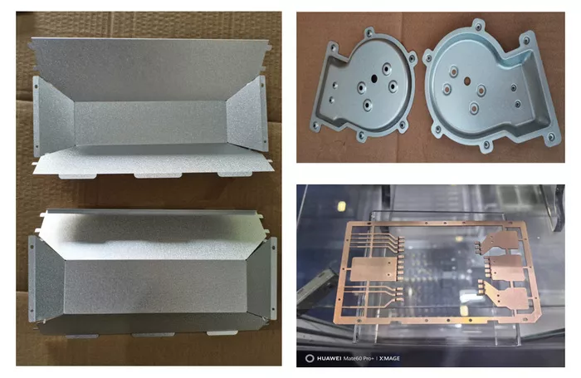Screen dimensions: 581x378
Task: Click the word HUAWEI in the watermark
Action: [x=329, y=358]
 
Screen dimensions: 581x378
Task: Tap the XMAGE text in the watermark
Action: [x=389, y=358]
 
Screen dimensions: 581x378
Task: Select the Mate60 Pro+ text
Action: [x=359, y=358]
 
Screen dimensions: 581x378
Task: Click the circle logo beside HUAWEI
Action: [x=310, y=358]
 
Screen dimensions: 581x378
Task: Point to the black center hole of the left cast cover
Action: [x=373, y=78]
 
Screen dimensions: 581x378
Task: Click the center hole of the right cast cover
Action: [x=466, y=81]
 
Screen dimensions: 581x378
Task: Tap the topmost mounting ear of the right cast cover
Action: [x=478, y=26]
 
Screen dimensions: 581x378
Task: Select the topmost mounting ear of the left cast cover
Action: [x=369, y=32]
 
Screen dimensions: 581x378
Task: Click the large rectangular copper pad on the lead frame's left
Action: [x=373, y=268]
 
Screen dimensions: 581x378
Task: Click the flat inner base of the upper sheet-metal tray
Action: [x=150, y=123]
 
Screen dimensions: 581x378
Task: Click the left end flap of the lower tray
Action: [x=46, y=278]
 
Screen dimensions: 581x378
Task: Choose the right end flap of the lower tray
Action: [x=261, y=278]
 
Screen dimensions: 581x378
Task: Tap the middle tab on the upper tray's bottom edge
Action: [x=158, y=175]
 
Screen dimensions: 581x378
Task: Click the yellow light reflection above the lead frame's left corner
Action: [x=342, y=205]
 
